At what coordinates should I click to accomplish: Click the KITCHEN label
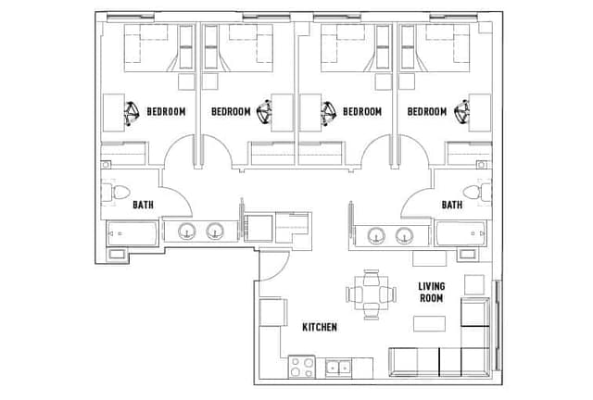pyautogui.click(x=320, y=328)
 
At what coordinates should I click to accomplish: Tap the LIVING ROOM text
pyautogui.click(x=431, y=293)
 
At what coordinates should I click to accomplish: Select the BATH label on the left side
pyautogui.click(x=144, y=205)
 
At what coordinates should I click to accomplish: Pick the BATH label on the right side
pyautogui.click(x=451, y=205)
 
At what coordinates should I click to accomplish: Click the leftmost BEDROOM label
pyautogui.click(x=167, y=112)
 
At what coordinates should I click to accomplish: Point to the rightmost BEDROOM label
pyautogui.click(x=427, y=112)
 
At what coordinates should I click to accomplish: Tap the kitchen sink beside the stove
pyautogui.click(x=338, y=367)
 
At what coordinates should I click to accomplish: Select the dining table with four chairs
pyautogui.click(x=371, y=294)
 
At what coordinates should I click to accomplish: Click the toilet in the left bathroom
pyautogui.click(x=119, y=194)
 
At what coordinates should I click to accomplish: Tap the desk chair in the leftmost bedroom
pyautogui.click(x=132, y=113)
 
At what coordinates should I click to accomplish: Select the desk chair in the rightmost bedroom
pyautogui.click(x=461, y=113)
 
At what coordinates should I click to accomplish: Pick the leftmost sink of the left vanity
pyautogui.click(x=186, y=232)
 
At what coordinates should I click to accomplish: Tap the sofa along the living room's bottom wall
pyautogui.click(x=435, y=361)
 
